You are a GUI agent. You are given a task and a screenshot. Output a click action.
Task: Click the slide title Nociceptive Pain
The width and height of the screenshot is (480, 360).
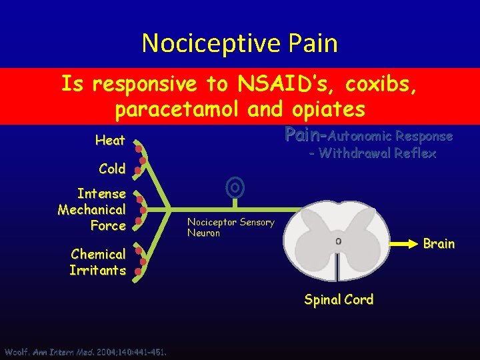[239, 43]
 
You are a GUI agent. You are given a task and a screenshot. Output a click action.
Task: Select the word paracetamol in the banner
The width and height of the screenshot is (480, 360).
[186, 109]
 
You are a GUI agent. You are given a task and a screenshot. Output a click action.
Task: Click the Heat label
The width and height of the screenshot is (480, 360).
[110, 141]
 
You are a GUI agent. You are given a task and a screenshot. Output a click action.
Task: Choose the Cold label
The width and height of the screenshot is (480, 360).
[112, 169]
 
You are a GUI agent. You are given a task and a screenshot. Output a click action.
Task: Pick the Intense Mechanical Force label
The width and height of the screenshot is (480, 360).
[92, 209]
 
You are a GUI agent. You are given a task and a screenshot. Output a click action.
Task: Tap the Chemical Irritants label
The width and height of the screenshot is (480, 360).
[98, 262]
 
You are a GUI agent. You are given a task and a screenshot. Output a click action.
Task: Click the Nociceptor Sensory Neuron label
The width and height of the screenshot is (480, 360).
[230, 227]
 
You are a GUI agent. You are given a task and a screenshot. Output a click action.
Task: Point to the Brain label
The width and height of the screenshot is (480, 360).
[439, 243]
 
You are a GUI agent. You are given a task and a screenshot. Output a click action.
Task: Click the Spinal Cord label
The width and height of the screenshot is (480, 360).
[339, 300]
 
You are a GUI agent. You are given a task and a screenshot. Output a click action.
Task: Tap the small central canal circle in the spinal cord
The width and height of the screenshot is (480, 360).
[339, 241]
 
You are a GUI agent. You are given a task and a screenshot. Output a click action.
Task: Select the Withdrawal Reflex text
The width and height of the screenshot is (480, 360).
[372, 153]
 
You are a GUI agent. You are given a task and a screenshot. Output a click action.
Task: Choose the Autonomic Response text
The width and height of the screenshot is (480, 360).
[390, 136]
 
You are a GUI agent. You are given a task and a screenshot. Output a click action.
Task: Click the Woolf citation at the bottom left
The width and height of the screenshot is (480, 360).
[85, 352]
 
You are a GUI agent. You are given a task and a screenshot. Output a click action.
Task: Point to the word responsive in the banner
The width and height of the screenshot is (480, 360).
[141, 84]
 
